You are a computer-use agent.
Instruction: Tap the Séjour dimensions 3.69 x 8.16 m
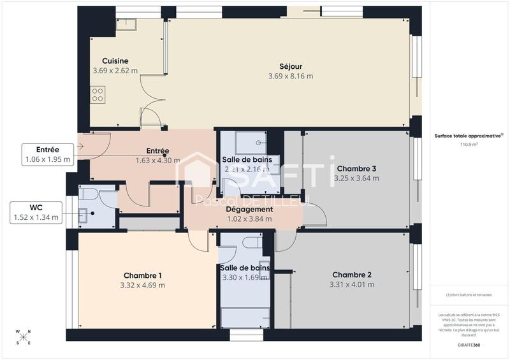tap(290, 76)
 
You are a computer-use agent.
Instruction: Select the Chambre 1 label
tap(143, 275)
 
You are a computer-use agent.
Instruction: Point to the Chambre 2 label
tap(351, 275)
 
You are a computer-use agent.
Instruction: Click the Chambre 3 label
tap(356, 169)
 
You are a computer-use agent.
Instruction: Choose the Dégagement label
tap(249, 209)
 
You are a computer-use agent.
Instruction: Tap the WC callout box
tap(36, 213)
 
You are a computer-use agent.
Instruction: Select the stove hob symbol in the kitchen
tap(98, 95)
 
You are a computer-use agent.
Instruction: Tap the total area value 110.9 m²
tap(469, 145)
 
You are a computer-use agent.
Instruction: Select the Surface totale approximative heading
tap(469, 136)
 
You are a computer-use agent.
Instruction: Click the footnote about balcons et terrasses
tap(469, 295)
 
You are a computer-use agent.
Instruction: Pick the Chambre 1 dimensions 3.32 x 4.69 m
tap(143, 285)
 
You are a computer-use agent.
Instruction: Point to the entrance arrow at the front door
tap(80, 146)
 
